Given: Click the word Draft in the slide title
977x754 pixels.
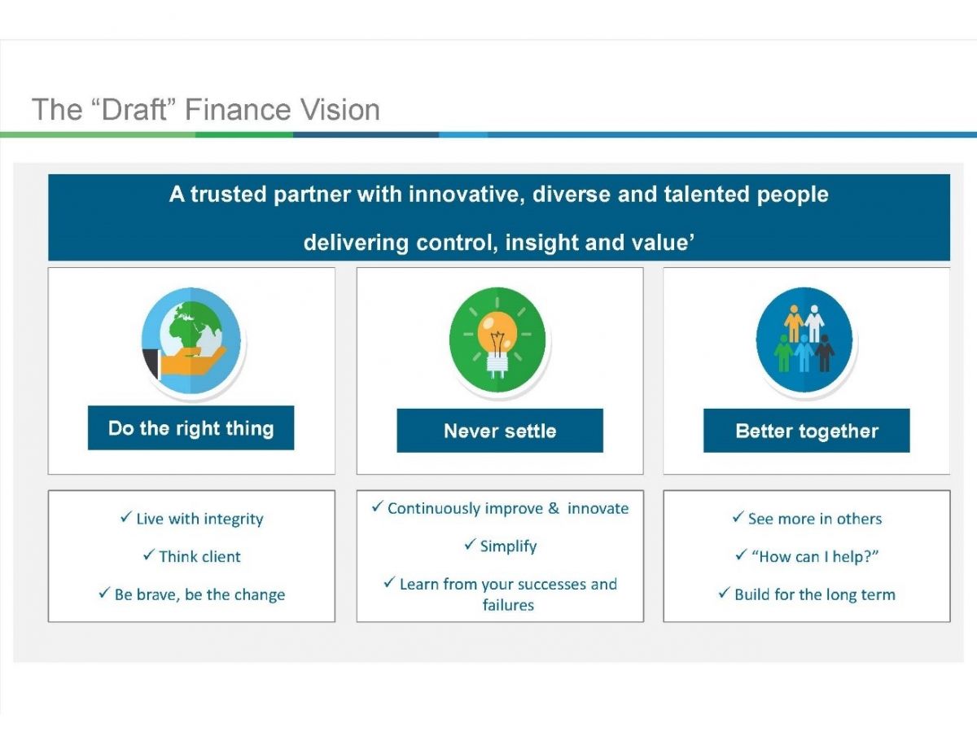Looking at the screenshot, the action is point(134,109).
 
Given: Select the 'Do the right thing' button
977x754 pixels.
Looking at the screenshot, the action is point(191,427).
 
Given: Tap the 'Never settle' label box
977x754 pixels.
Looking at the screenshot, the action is point(500,430).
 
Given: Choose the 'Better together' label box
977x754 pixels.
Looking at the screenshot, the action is point(807,430).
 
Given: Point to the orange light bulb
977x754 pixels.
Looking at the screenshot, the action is point(497,334).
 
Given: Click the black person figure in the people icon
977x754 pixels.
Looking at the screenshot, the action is point(825,353).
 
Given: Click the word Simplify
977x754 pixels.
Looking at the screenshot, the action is point(509,546).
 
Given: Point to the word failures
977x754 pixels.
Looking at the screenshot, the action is point(509,605).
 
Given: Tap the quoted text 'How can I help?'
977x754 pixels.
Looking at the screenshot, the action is point(815,557).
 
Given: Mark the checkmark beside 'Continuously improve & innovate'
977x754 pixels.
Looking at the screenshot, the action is point(377,506).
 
